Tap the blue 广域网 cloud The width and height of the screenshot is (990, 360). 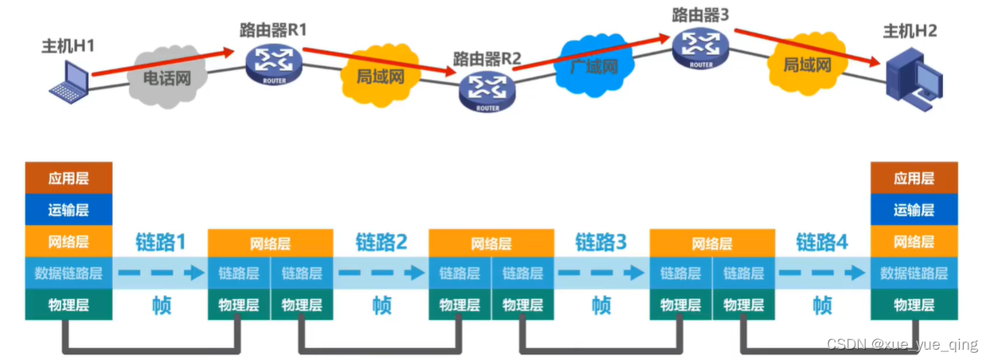(x=594, y=65)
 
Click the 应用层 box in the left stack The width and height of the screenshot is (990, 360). (x=68, y=178)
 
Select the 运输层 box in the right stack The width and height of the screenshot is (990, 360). (x=914, y=209)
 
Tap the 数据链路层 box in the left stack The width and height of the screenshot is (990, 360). (x=68, y=273)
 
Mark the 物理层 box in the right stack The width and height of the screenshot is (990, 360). (x=914, y=304)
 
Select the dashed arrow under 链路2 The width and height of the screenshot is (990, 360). (x=381, y=273)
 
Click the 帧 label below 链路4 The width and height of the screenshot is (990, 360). (x=823, y=304)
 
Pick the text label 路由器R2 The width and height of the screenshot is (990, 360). (x=487, y=58)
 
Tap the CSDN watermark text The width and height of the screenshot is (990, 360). (x=902, y=345)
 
